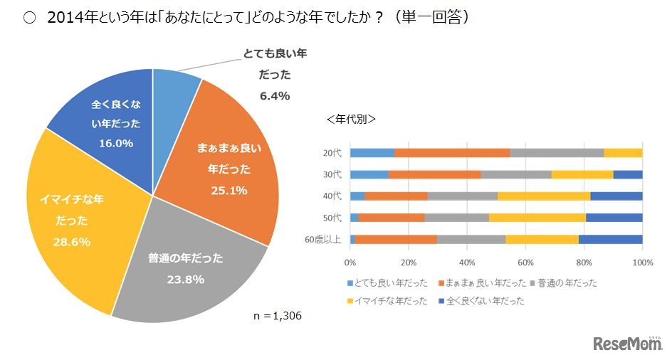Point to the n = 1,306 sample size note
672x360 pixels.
(278, 315)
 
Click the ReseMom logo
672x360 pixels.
(626, 344)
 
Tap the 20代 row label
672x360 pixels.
(332, 152)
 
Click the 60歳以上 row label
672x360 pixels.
(324, 239)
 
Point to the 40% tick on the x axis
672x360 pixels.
(468, 261)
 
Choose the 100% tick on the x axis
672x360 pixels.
(641, 261)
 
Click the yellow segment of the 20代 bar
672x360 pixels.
(623, 152)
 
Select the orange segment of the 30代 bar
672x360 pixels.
(434, 174)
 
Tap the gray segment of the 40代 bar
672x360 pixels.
(463, 196)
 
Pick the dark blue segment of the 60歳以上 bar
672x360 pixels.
(610, 239)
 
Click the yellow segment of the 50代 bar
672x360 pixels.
(537, 218)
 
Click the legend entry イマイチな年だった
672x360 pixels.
(388, 301)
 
